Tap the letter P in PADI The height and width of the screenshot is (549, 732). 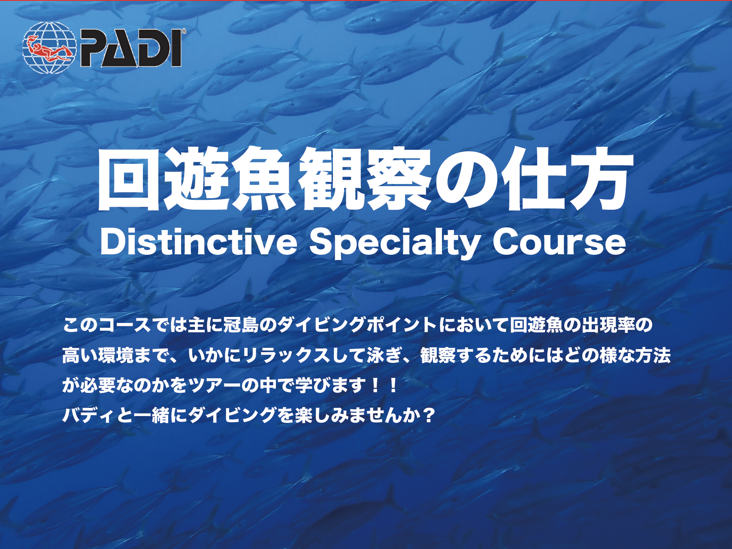pos(94,48)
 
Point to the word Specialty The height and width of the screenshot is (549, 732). pos(394,243)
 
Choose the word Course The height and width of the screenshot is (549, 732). pos(559,242)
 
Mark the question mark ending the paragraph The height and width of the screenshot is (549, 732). pos(428,415)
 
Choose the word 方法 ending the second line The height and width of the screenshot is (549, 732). pos(653,356)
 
